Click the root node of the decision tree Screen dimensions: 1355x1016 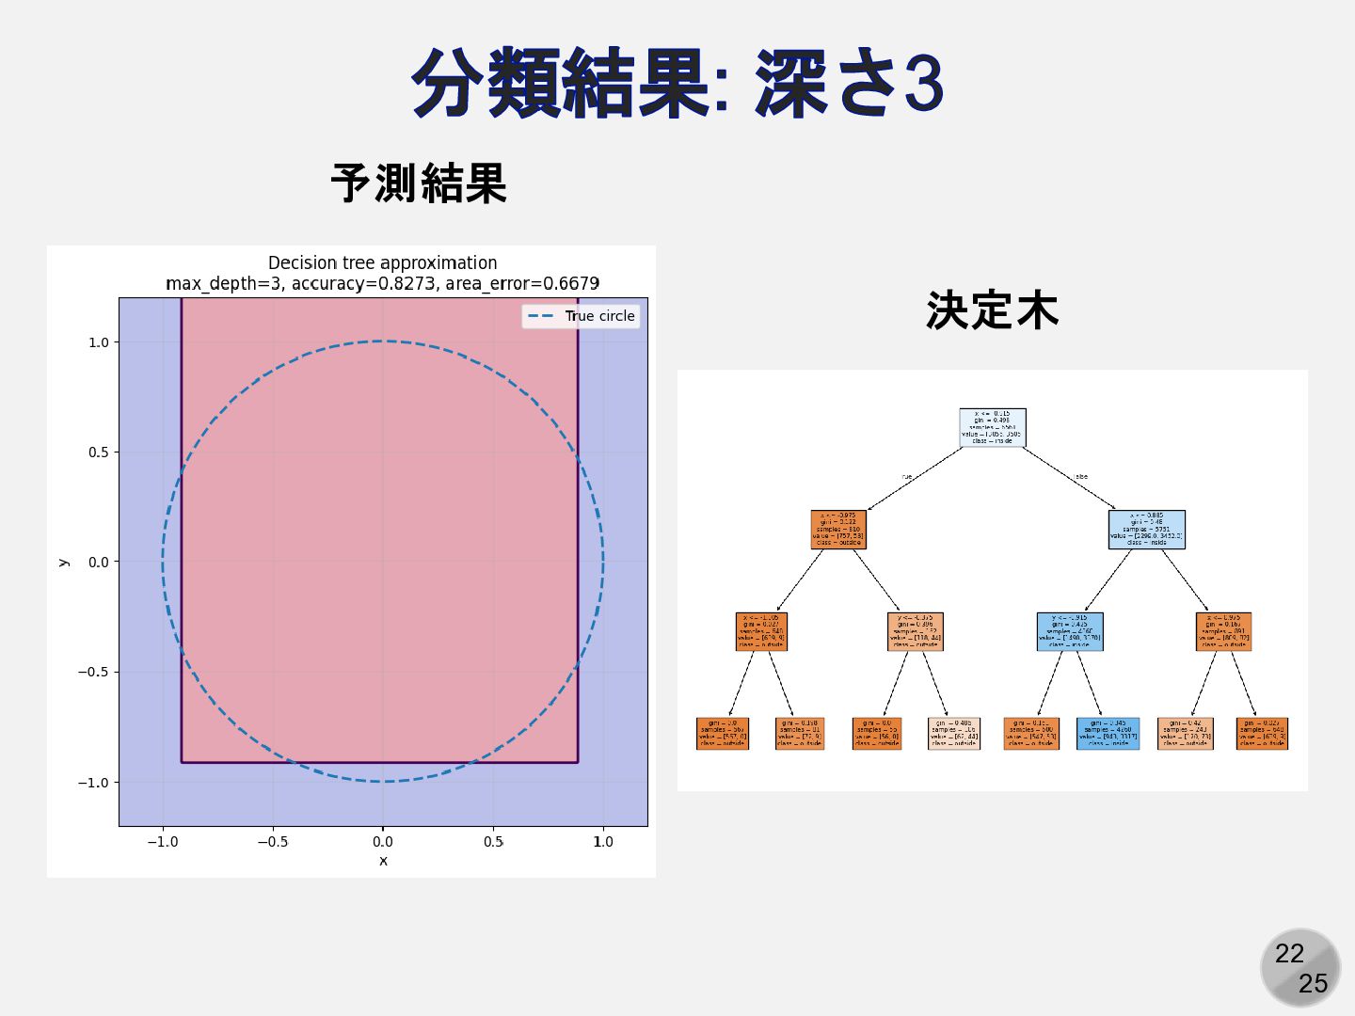(992, 427)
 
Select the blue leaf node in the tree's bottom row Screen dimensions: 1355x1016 (1108, 733)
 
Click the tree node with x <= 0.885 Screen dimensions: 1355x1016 (1146, 529)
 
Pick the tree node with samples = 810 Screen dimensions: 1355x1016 (837, 529)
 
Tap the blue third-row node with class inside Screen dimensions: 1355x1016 (1069, 631)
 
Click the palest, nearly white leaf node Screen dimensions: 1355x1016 (953, 733)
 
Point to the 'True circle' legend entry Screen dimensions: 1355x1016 (582, 316)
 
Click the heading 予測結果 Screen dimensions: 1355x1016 (419, 183)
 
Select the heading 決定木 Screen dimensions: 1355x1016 (992, 310)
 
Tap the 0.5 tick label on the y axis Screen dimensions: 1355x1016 (98, 452)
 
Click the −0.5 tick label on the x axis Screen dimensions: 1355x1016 (273, 842)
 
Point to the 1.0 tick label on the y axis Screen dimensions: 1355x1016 (98, 342)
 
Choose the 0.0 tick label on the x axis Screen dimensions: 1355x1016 (382, 842)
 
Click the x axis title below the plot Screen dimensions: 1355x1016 (383, 861)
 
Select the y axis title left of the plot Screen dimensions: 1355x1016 (63, 562)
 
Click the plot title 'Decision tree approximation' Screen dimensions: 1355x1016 (382, 263)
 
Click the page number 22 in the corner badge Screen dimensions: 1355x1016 (1289, 954)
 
